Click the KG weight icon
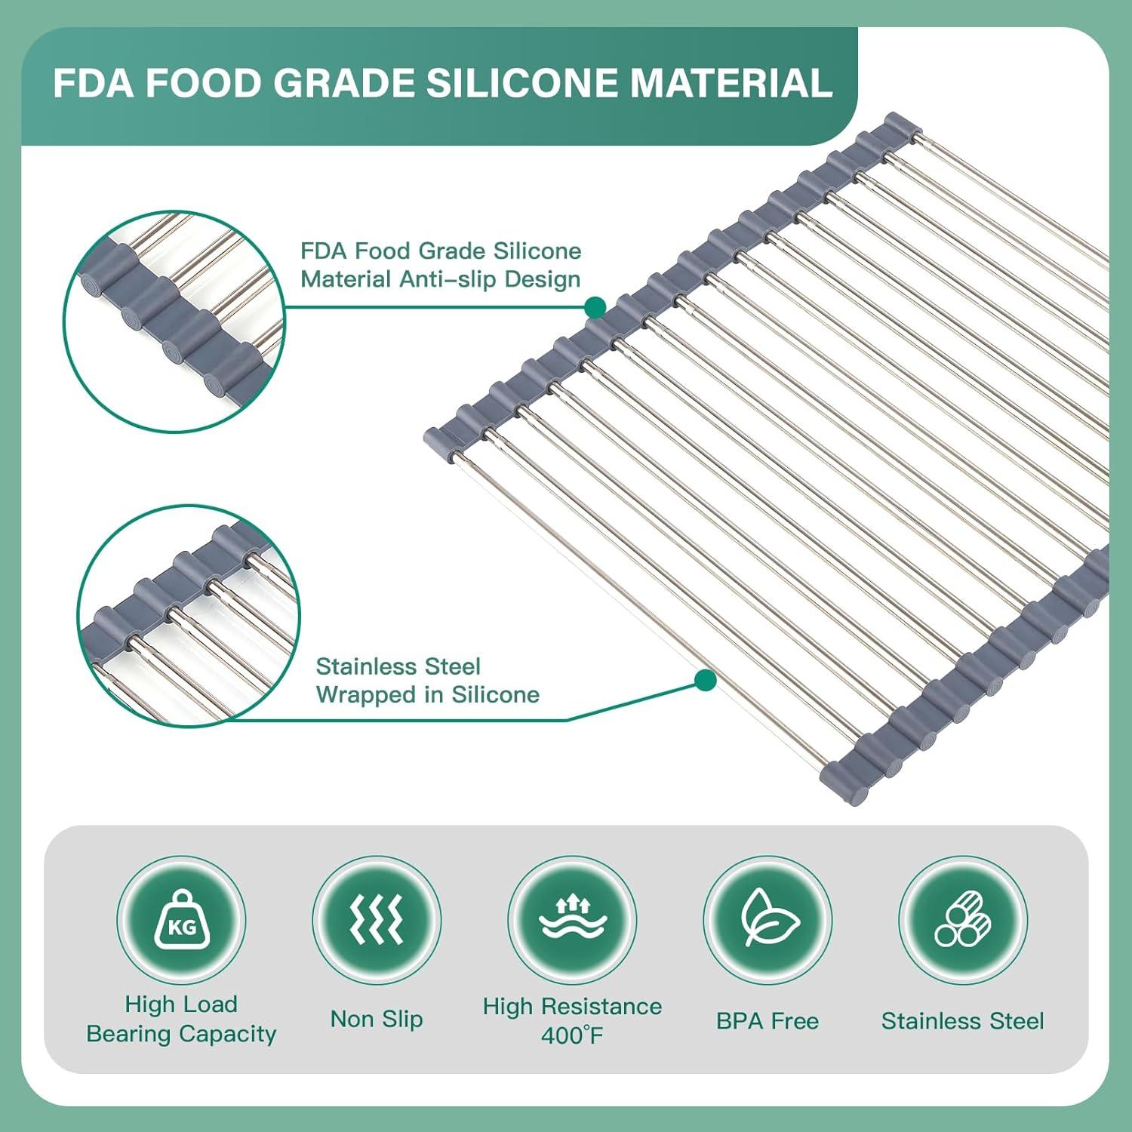[x=181, y=920]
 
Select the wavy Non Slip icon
[x=377, y=920]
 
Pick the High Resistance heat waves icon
[x=572, y=920]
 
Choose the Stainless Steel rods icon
[x=963, y=920]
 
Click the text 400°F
[x=572, y=1035]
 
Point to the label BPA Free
[x=767, y=1021]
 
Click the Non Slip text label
[x=377, y=1020]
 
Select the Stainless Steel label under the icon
[x=963, y=1021]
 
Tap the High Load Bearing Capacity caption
[x=181, y=1020]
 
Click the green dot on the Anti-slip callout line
[x=595, y=307]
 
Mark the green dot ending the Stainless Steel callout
[x=705, y=681]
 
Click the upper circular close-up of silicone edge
[x=174, y=321]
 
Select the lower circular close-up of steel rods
[x=189, y=616]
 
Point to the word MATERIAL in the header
[x=731, y=83]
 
